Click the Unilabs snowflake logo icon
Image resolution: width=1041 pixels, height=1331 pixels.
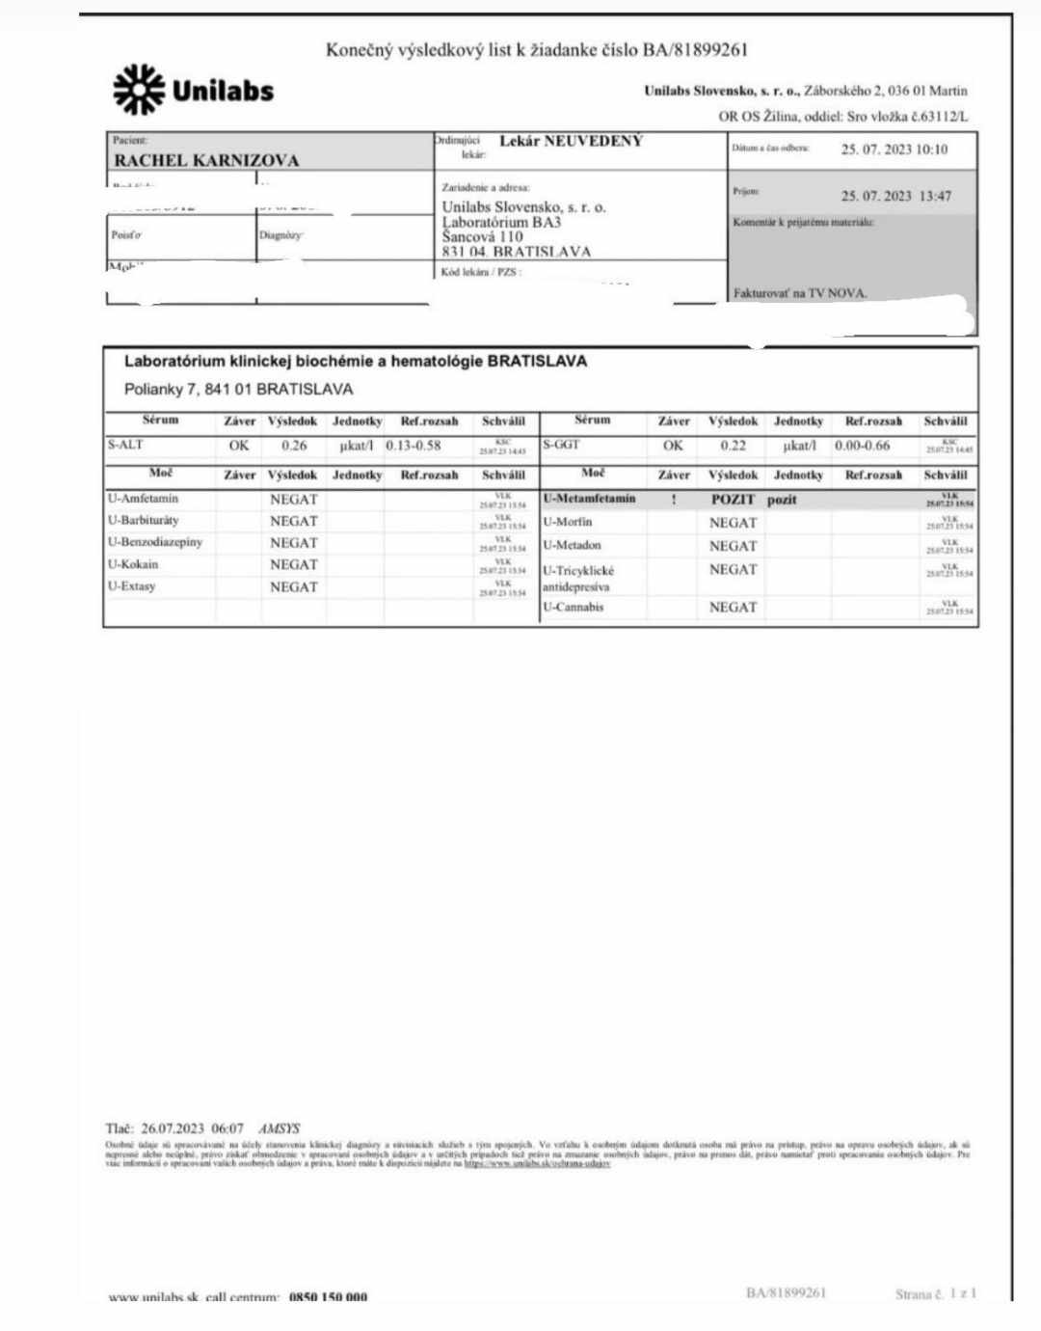coord(139,90)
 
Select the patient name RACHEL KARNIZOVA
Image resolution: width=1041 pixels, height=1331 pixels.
coord(207,160)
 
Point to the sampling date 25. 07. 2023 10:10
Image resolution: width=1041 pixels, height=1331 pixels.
coord(894,149)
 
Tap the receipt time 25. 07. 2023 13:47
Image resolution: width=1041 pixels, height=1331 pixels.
coord(895,196)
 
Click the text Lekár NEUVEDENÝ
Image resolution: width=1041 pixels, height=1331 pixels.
coord(571,141)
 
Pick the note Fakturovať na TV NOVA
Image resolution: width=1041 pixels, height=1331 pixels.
coord(800,293)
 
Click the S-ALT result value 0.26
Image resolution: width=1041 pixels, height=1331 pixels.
coord(294,446)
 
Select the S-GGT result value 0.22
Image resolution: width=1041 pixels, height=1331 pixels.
coord(733,446)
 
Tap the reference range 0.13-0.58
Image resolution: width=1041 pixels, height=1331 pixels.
coord(414,446)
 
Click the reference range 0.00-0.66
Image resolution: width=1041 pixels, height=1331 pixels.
coord(863,446)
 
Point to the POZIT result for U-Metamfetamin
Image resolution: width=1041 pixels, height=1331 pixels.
coord(733,500)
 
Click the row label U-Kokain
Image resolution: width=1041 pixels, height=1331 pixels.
coord(133,564)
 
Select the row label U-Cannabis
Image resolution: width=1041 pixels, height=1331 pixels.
coord(574,607)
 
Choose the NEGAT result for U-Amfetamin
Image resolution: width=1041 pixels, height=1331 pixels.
coord(293,500)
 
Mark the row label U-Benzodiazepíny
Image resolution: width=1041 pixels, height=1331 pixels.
coord(155,542)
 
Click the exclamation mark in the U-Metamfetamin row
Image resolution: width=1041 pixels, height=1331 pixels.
coord(674,500)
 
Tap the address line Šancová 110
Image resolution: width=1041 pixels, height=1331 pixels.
coord(483,236)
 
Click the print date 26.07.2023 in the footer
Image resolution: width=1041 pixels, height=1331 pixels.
coord(173,1127)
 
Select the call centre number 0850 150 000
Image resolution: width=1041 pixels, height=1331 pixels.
coord(328,1297)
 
